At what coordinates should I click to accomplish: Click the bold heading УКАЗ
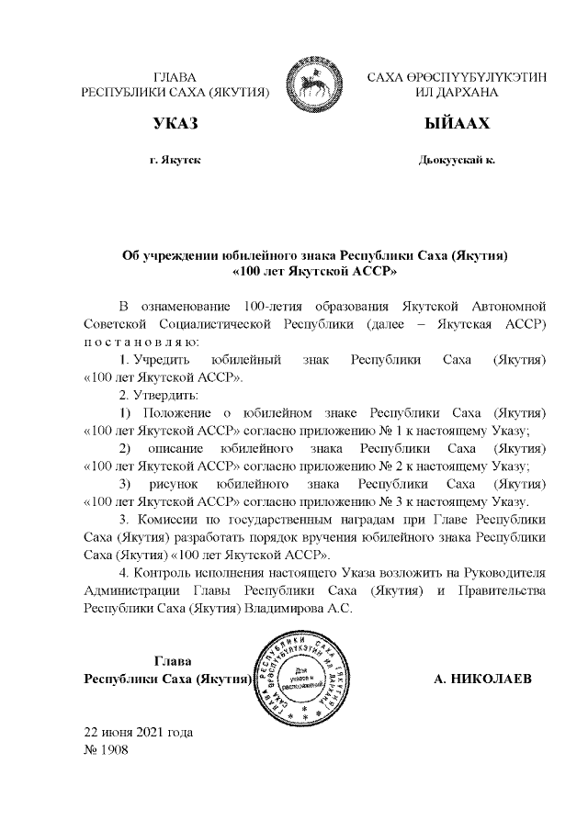[175, 123]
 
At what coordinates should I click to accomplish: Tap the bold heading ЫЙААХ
[457, 123]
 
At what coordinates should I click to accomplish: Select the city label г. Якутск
[175, 160]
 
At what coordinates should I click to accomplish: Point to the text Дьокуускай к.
[457, 160]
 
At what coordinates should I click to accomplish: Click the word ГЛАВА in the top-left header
[175, 77]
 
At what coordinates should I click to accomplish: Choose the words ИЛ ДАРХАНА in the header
[457, 93]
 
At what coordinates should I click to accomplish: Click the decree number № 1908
[106, 748]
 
